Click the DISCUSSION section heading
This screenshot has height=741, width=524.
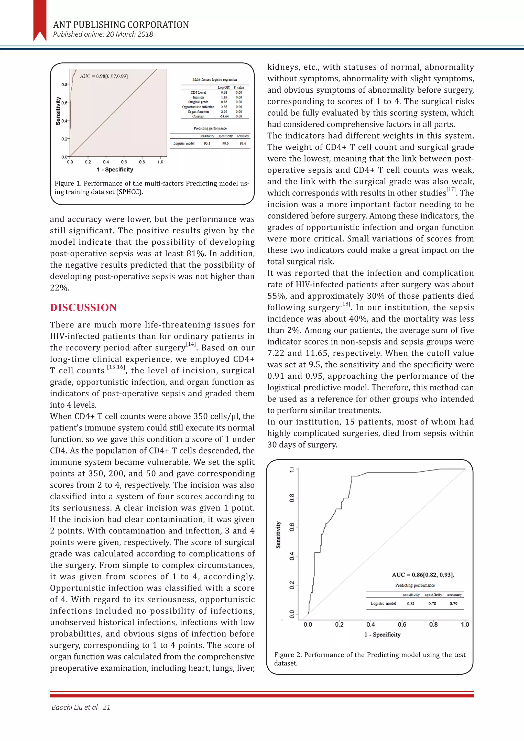tap(83, 308)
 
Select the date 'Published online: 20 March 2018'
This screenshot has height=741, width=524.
tap(103, 34)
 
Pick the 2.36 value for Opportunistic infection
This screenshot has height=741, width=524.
tap(224, 107)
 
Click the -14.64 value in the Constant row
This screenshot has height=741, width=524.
tap(224, 116)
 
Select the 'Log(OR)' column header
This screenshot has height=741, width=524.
tap(224, 88)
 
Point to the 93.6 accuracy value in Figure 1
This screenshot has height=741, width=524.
tap(243, 143)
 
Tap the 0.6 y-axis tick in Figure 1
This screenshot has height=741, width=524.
tap(64, 103)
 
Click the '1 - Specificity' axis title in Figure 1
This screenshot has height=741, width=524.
tap(115, 170)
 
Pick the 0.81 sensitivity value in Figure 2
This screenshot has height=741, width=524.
tap(411, 604)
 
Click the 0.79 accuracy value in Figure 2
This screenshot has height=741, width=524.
tap(453, 604)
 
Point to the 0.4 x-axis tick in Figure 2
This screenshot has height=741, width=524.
tap(370, 625)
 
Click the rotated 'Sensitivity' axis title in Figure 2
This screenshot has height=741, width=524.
tap(278, 535)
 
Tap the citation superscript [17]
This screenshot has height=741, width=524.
tap(451, 189)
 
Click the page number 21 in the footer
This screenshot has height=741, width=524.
tap(106, 707)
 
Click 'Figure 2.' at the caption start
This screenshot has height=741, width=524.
tap(288, 655)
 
